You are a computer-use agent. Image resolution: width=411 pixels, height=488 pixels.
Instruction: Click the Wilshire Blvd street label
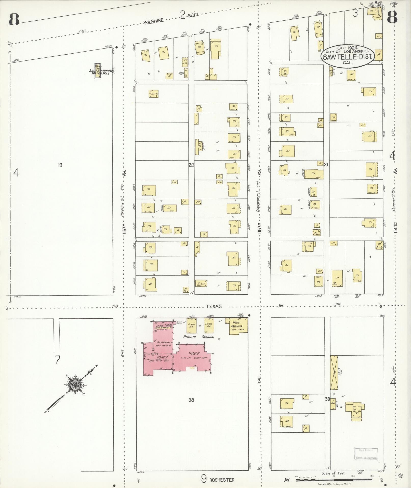[153, 22]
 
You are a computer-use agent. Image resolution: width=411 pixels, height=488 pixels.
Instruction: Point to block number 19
[60, 165]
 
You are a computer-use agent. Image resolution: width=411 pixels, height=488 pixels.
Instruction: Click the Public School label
[199, 337]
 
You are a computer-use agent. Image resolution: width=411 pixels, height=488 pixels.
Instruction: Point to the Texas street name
[214, 306]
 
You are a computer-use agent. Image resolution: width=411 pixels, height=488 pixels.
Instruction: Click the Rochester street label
[221, 480]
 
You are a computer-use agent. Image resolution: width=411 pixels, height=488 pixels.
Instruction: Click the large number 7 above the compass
[58, 360]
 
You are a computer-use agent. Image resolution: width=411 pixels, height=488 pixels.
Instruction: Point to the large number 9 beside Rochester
[204, 479]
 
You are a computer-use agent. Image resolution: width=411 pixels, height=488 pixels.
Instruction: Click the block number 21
[326, 165]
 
